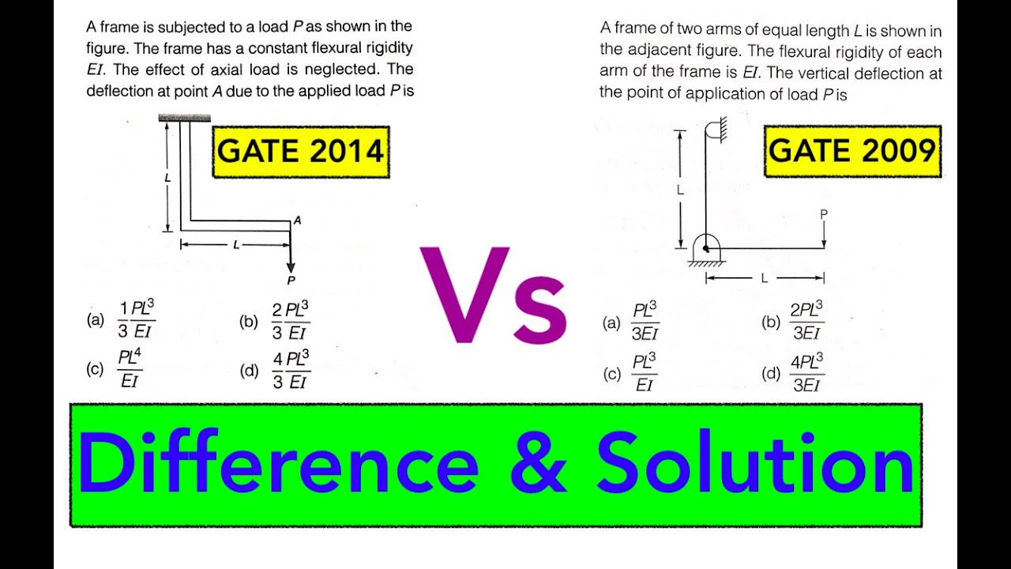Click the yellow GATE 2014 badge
coord(301,150)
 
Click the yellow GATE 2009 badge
coord(852,150)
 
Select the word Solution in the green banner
coord(755,464)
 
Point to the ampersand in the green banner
coord(539,465)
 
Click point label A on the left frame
coord(297,220)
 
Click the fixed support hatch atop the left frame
coord(184,118)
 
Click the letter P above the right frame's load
coord(824,214)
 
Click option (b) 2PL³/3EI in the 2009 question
coord(806,321)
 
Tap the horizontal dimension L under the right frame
coord(764,277)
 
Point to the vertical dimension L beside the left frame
coord(167,178)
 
